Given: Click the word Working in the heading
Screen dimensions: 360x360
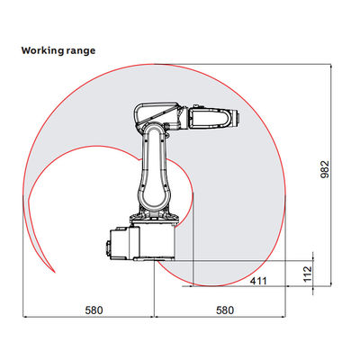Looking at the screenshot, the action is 41,50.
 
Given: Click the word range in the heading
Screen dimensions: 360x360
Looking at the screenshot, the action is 79,51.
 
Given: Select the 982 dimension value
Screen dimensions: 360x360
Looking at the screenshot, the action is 325,170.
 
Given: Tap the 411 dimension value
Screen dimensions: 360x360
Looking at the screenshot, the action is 258,281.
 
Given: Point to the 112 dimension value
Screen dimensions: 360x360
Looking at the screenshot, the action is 308,274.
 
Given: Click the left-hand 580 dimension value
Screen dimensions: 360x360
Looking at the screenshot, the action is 94,310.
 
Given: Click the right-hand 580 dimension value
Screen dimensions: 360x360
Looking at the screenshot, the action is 225,310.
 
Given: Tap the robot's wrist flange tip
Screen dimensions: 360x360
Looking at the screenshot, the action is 237,117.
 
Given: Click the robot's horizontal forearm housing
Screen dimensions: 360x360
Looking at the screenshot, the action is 210,119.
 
